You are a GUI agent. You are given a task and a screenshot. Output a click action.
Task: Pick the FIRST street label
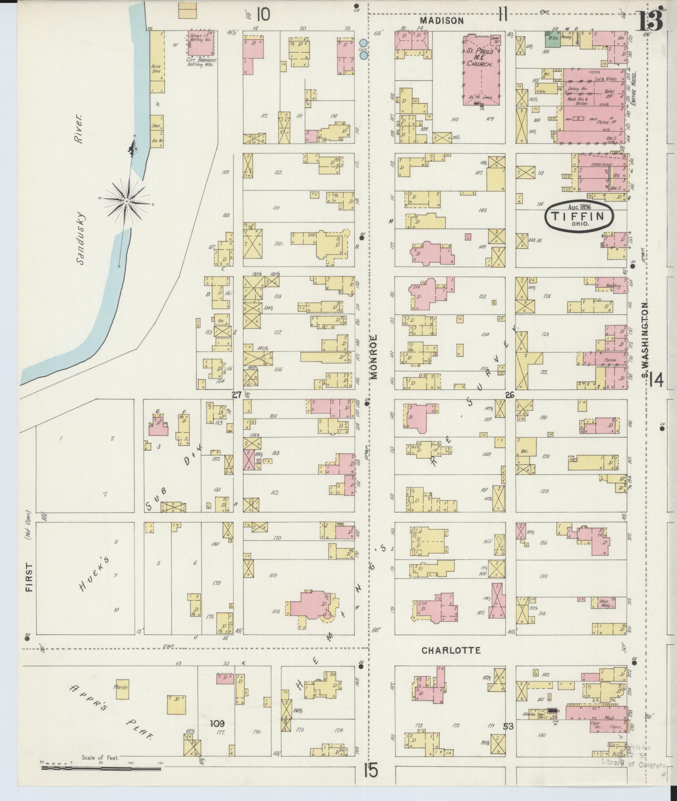coord(29,579)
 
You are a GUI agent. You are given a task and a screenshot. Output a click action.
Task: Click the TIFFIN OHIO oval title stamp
coord(580,216)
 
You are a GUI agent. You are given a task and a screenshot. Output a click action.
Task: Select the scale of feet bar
coord(101,768)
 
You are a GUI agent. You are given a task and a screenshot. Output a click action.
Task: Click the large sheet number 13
coord(650,21)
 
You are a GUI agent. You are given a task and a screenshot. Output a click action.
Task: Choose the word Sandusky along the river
coord(80,239)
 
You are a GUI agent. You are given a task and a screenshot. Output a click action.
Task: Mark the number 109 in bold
coord(218,723)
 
